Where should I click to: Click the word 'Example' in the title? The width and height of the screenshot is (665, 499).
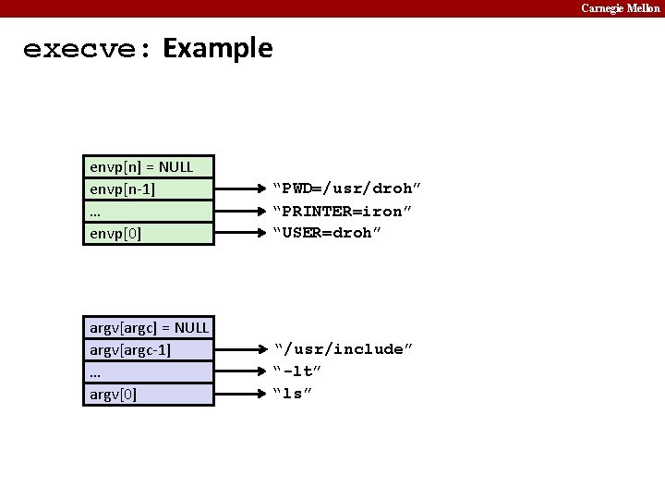click(x=218, y=48)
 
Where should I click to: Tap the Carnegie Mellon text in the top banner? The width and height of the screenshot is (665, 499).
click(x=620, y=8)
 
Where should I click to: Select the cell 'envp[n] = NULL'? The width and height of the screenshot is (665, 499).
click(x=148, y=167)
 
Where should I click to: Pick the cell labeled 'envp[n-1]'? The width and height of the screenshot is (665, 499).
click(x=148, y=189)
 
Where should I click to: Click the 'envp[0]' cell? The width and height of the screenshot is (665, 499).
click(x=148, y=233)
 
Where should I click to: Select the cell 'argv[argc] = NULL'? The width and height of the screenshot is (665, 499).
click(x=148, y=328)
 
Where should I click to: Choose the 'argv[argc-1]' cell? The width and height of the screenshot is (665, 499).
click(x=148, y=350)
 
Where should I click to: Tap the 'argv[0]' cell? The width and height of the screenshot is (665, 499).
click(x=148, y=395)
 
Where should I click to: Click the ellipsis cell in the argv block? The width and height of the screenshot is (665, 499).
click(x=148, y=372)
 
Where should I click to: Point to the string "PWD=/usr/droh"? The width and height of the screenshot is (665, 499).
click(x=342, y=189)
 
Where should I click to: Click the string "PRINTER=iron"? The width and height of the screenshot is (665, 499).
click(x=342, y=212)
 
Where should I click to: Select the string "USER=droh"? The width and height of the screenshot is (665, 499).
click(x=326, y=233)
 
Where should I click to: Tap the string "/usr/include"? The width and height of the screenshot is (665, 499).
click(x=344, y=349)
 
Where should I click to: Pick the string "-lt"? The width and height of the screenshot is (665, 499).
click(x=297, y=371)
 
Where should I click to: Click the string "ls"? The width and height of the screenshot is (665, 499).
click(x=293, y=394)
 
